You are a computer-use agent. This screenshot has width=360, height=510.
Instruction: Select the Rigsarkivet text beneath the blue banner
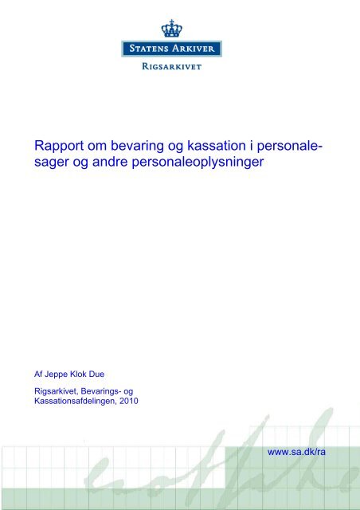172,66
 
